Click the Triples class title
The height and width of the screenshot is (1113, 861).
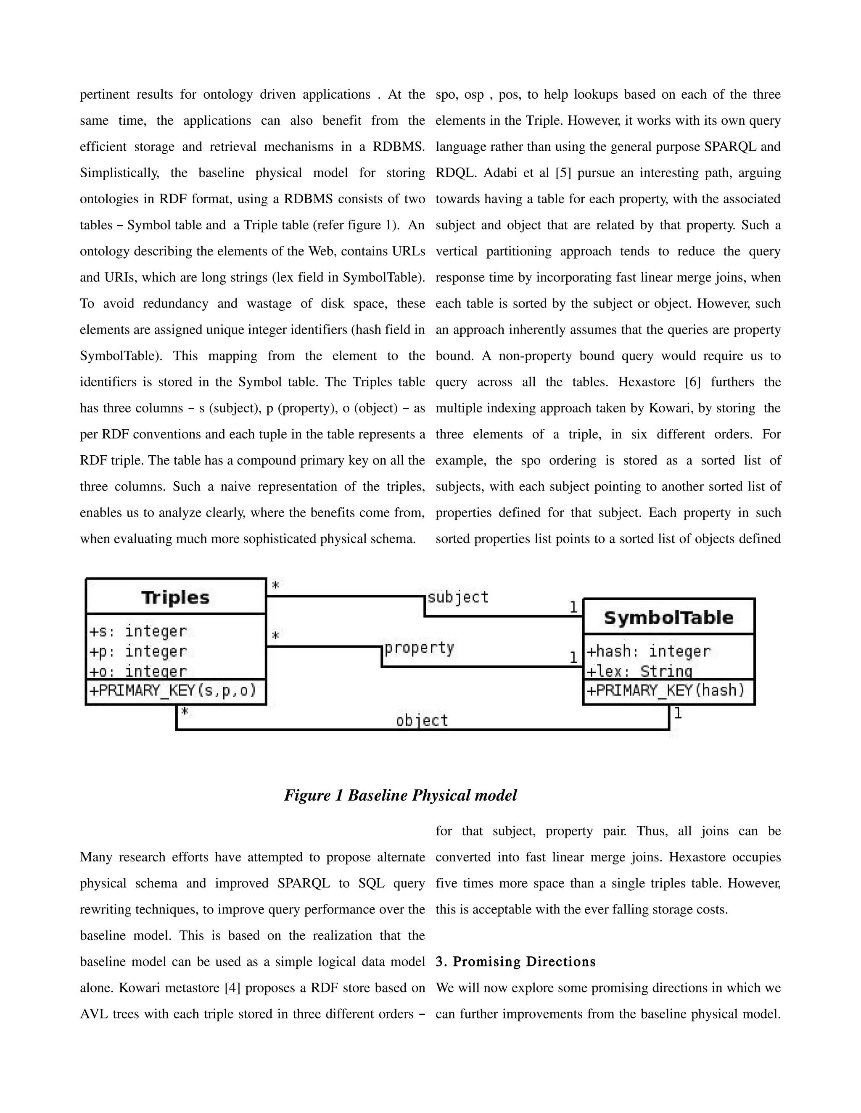pyautogui.click(x=175, y=597)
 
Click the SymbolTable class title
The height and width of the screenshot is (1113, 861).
pyautogui.click(x=668, y=618)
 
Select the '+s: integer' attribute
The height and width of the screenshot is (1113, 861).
pyautogui.click(x=138, y=631)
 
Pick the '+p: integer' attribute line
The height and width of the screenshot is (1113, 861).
pyautogui.click(x=138, y=651)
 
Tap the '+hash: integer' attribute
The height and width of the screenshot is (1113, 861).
pyautogui.click(x=648, y=651)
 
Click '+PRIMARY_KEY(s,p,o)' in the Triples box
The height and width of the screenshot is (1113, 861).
pyautogui.click(x=173, y=691)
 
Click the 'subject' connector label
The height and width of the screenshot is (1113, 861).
pyautogui.click(x=457, y=597)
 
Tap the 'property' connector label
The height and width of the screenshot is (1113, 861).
pyautogui.click(x=419, y=648)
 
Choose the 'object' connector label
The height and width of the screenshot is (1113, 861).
pyautogui.click(x=422, y=721)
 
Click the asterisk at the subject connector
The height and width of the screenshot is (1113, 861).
pyautogui.click(x=275, y=585)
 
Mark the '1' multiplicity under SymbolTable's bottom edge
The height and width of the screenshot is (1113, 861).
pyautogui.click(x=678, y=714)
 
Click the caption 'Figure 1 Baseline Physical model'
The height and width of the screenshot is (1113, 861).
pyautogui.click(x=400, y=795)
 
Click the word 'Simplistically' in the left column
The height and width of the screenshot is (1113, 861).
pyautogui.click(x=119, y=173)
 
